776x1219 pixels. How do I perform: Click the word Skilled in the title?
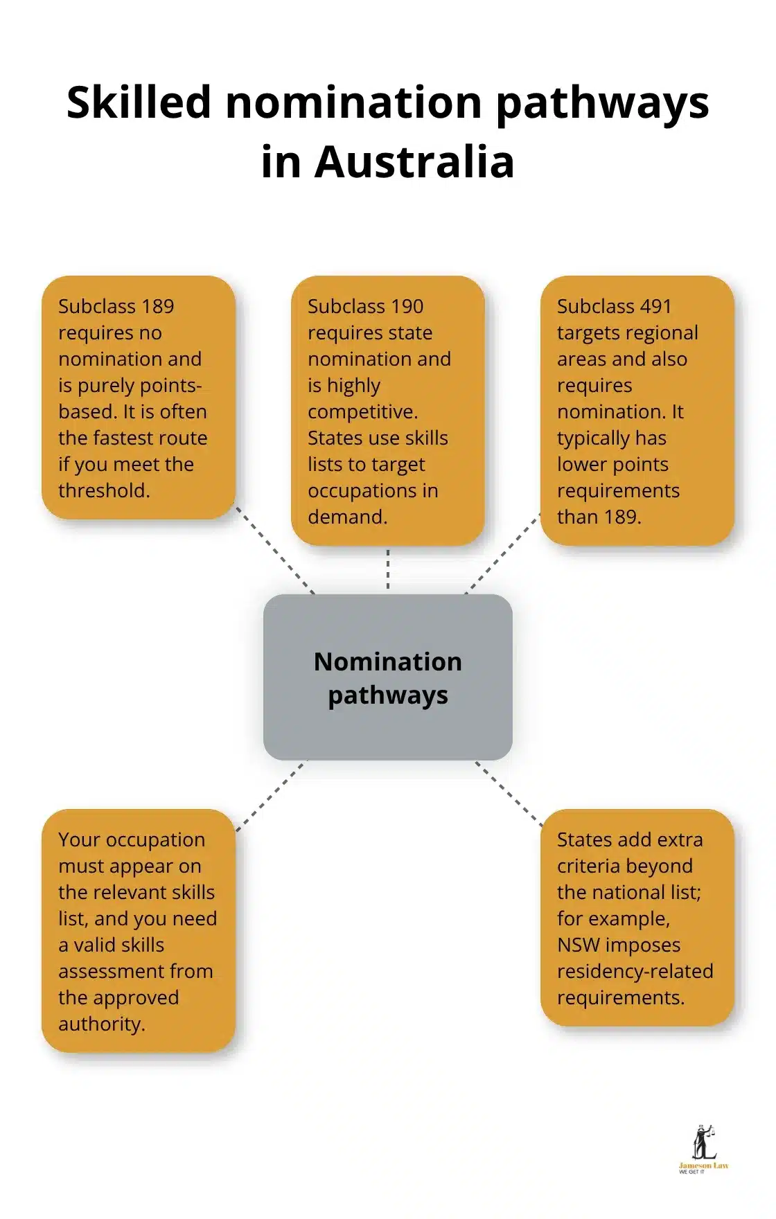139,103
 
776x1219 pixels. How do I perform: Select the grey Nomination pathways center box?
387,677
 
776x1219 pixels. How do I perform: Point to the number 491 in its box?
655,306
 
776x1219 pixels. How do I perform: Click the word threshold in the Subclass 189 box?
104,490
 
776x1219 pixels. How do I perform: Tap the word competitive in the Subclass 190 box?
362,411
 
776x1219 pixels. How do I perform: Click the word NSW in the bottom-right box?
578,945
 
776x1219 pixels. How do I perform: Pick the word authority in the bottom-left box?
101,1024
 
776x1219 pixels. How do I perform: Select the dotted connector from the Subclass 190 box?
387,569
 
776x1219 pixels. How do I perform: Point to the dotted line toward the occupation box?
270,796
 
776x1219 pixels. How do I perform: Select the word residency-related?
635,971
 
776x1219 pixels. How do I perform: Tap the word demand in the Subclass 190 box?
346,517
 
